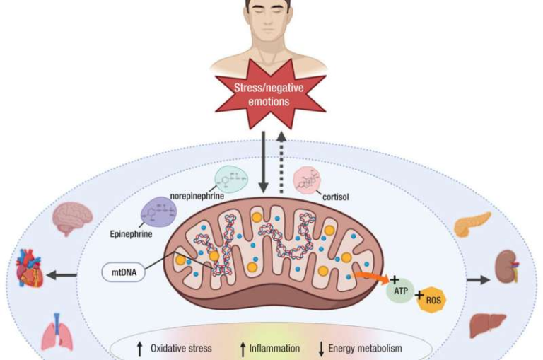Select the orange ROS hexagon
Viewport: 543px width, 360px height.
(x=433, y=303)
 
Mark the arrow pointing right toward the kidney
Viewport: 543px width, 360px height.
(x=477, y=280)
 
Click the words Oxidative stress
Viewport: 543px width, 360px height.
(x=181, y=348)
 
